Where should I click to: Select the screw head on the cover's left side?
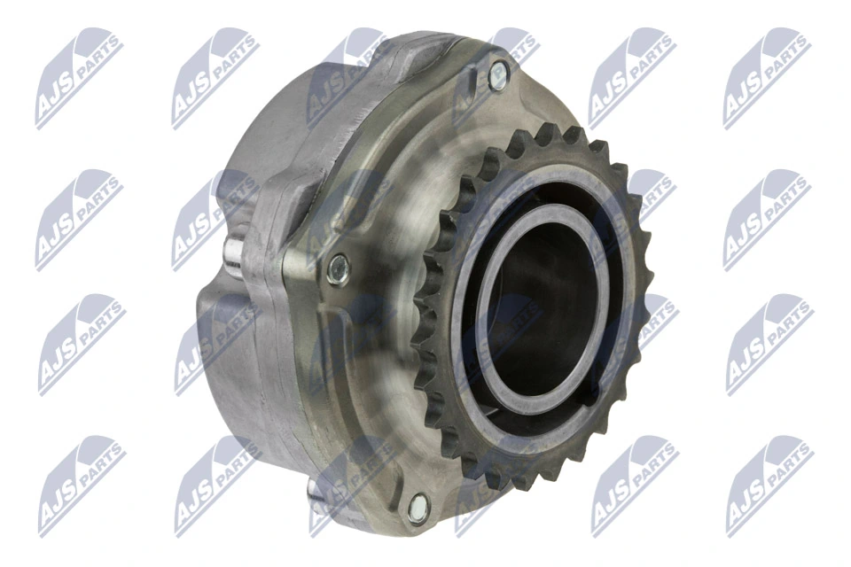coord(338,268)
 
